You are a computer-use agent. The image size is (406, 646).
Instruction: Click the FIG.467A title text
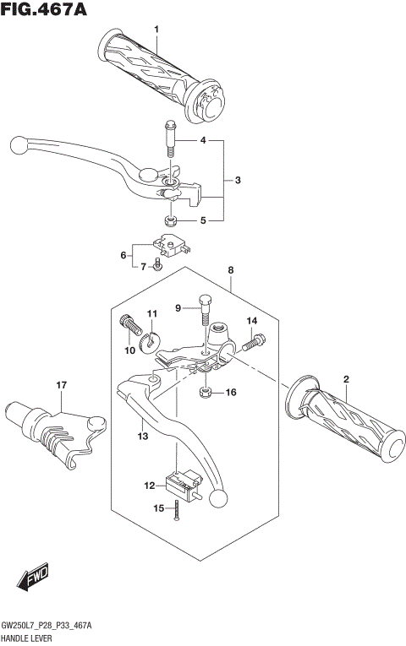45,9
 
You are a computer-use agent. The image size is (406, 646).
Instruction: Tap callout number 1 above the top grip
156,30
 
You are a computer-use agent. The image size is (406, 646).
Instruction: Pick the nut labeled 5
170,222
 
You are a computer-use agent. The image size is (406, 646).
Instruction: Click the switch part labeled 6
156,268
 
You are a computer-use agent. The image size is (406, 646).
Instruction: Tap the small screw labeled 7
230,270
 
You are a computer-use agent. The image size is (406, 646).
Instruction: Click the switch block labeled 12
143,436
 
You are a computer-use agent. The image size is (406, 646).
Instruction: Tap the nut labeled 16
61,386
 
